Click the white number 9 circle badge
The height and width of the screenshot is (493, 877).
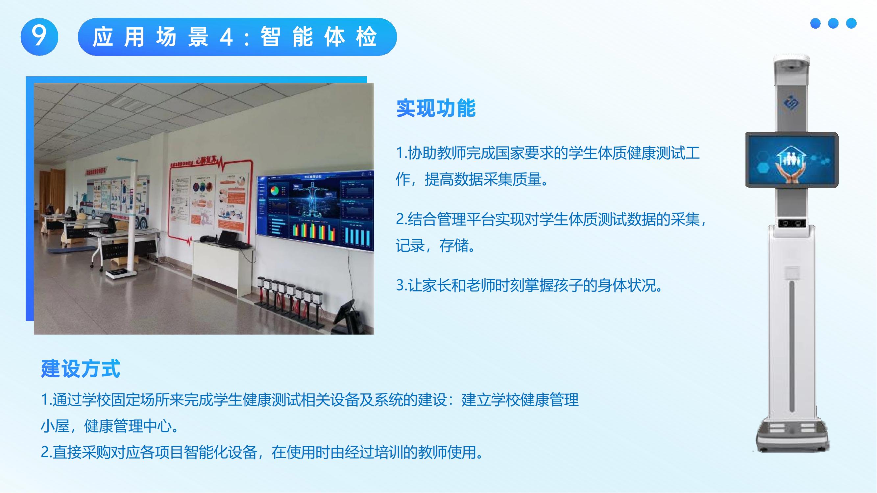click(39, 36)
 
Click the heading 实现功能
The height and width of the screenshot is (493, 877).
click(436, 108)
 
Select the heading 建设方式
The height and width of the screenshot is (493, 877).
click(80, 368)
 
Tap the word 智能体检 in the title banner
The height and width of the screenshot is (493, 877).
click(318, 37)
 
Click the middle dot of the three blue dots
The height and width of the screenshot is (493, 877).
click(833, 23)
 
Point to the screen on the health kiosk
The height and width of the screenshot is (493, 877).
click(792, 160)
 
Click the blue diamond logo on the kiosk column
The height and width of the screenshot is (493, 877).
click(792, 104)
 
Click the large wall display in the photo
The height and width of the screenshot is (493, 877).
click(315, 211)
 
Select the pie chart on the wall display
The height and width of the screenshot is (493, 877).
click(274, 191)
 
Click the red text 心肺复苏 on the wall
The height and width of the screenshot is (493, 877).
click(207, 160)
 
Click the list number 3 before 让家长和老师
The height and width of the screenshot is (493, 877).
click(401, 285)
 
